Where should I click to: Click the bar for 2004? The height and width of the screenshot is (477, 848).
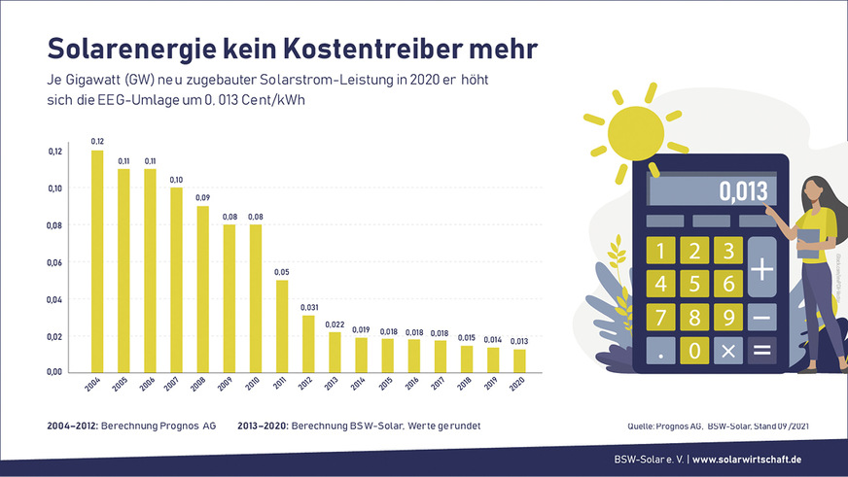[97, 261]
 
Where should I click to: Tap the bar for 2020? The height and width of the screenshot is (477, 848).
[518, 360]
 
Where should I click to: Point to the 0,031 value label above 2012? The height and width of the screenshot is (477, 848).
[307, 307]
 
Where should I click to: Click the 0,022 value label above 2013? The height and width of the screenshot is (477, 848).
[334, 324]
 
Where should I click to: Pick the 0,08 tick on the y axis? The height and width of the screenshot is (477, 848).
[55, 225]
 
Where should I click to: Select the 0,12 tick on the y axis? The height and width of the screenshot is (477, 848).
[55, 152]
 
